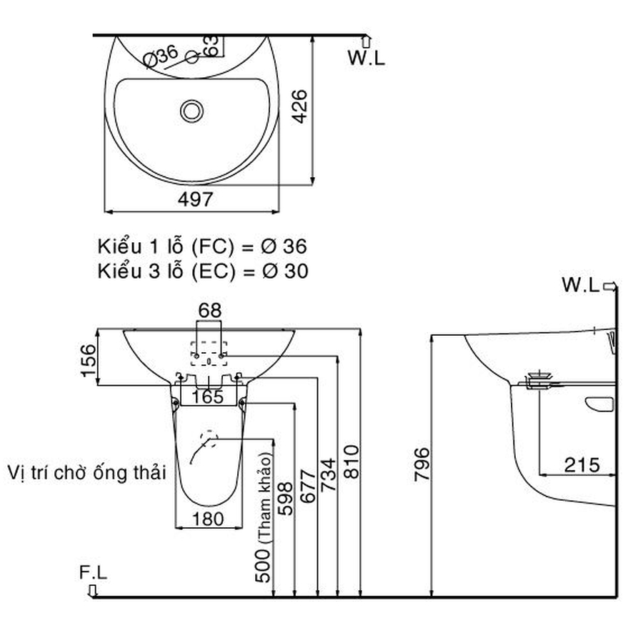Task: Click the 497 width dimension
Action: (x=194, y=200)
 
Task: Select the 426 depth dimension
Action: (x=301, y=106)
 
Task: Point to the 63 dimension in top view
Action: (x=211, y=46)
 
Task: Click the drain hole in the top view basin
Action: (x=191, y=110)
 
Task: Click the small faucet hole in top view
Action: (x=191, y=58)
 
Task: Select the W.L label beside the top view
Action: (x=366, y=57)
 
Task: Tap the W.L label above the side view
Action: (x=580, y=286)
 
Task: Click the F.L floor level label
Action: (x=93, y=572)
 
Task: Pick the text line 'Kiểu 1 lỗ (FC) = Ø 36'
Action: (x=202, y=247)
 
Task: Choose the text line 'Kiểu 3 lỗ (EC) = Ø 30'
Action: (x=202, y=271)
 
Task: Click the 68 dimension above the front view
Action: (x=209, y=311)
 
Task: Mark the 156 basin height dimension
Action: (x=86, y=360)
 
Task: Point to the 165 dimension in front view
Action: (x=209, y=396)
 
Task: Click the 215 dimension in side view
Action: (x=582, y=465)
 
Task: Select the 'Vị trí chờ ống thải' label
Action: (x=86, y=472)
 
